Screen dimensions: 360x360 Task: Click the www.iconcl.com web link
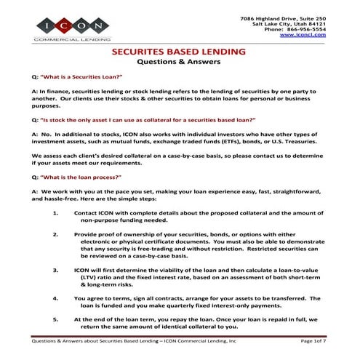point(303,35)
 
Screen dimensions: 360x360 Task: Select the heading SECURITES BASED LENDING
point(180,53)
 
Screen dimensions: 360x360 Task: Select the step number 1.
point(56,213)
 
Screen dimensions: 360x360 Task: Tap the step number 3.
point(56,268)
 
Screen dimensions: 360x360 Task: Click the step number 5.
point(56,319)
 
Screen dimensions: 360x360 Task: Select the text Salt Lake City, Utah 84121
point(289,23)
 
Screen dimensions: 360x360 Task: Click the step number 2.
point(56,236)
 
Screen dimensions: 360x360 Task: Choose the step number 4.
point(56,297)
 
